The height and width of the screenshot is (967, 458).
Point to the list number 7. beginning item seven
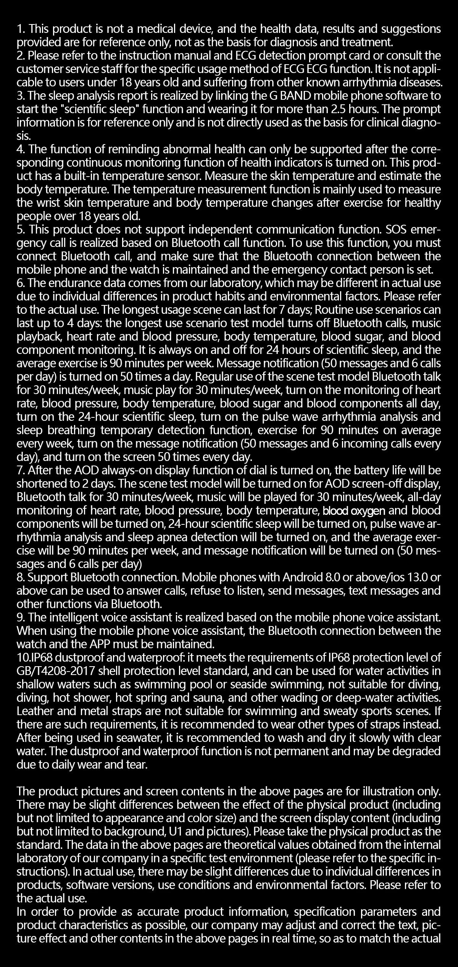click(21, 471)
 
